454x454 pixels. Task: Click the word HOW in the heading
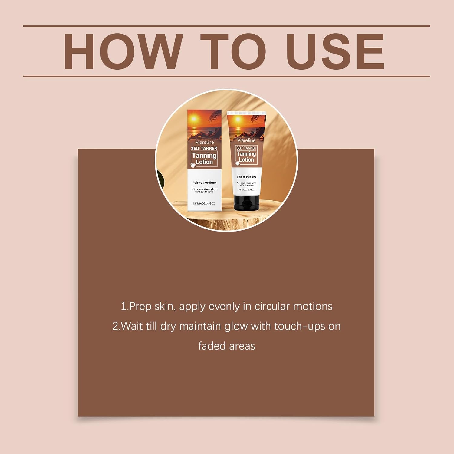click(x=123, y=51)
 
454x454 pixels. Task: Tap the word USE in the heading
click(x=335, y=51)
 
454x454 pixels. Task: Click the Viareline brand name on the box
click(x=205, y=142)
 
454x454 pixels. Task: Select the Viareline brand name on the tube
click(x=246, y=140)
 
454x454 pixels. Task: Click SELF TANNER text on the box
click(x=204, y=148)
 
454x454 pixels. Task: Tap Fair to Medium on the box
click(x=204, y=183)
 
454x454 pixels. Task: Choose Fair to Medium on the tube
click(x=246, y=177)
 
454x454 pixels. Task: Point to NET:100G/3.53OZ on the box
click(x=204, y=204)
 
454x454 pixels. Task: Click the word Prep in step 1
click(x=140, y=307)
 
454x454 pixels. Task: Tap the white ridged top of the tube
click(x=247, y=113)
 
